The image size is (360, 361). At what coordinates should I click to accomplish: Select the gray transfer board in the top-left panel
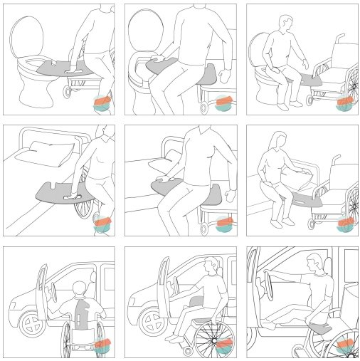(64, 70)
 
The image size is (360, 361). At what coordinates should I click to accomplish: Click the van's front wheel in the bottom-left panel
(31, 327)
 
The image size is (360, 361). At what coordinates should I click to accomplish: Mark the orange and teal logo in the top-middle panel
(223, 101)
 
